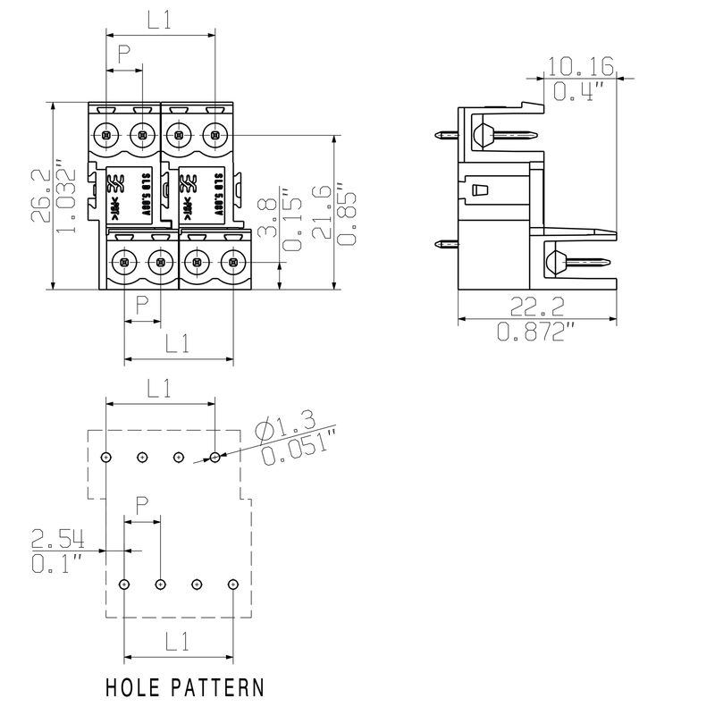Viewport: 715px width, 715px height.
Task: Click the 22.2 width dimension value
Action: [x=536, y=308]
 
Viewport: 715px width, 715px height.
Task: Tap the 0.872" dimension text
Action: [x=536, y=332]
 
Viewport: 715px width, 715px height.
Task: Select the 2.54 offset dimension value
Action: [x=58, y=539]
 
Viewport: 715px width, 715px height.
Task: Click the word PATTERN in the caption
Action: [x=221, y=688]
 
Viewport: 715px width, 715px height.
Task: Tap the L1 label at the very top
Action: [x=161, y=21]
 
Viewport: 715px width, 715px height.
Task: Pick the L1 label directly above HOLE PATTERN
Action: [x=178, y=642]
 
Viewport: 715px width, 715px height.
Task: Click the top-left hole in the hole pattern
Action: [x=106, y=457]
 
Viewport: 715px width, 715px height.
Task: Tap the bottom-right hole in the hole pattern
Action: [x=232, y=584]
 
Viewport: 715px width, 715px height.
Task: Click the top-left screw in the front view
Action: [x=106, y=136]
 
